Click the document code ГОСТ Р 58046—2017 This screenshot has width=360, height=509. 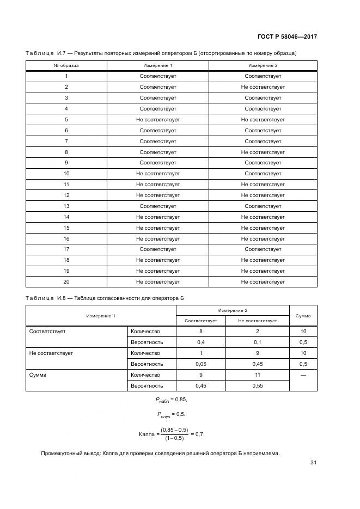pos(287,37)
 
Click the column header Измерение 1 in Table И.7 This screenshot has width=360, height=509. pos(157,65)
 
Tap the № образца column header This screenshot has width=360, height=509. pos(66,65)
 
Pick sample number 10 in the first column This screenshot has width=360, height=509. pos(66,174)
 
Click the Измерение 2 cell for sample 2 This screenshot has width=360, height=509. pos(263,87)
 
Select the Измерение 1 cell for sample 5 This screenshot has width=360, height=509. pos(157,119)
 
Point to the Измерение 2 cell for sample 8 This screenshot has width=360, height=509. pos(263,152)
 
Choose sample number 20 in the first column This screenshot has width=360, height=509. pos(66,282)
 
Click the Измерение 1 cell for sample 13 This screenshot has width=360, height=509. pos(157,206)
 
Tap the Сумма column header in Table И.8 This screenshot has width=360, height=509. pos(303,316)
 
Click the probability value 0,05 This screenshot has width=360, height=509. pos(201,364)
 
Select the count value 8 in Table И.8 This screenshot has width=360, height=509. pos(201,331)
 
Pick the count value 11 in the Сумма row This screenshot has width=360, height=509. pos(258,375)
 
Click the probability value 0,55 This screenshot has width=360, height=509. pos(258,385)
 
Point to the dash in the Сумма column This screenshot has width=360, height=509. pos(303,375)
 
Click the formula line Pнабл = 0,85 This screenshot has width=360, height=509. pos(171,400)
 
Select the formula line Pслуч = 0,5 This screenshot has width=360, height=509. pos(171,414)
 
